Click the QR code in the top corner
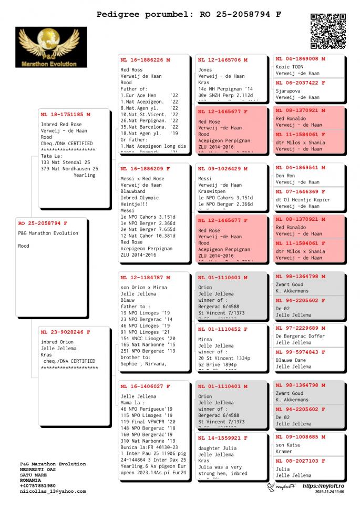coord(329,31)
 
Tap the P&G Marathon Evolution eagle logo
coord(51,47)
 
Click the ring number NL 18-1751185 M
coord(65,114)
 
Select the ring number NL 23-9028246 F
coord(65,332)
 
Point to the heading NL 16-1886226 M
coord(145,60)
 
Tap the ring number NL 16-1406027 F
coord(145,386)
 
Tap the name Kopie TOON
coord(290,67)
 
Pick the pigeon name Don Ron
coord(285,176)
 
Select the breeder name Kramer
coord(284,451)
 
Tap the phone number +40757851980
coord(38,485)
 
